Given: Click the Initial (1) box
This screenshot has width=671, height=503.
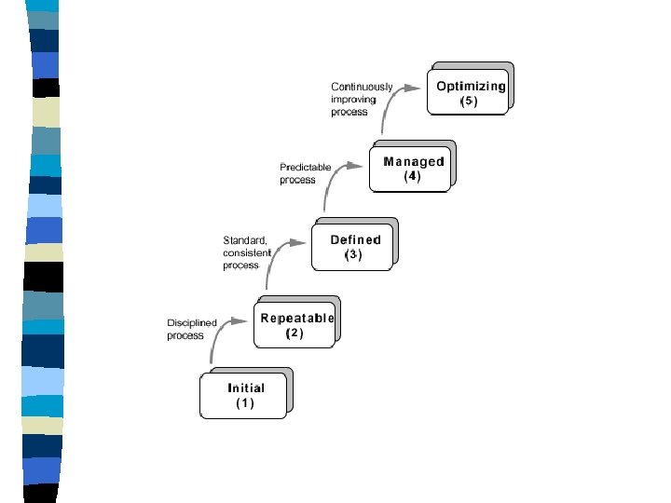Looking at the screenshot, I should click(244, 396).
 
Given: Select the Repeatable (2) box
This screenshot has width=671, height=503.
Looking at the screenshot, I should click(294, 325).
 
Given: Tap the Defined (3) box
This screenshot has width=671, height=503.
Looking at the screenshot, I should click(352, 247).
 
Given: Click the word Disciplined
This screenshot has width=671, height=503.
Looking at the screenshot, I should click(192, 323).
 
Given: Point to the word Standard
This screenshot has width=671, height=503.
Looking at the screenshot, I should click(244, 239).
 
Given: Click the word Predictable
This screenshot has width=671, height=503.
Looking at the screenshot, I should click(306, 168).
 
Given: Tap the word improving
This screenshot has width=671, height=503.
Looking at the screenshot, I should click(353, 100).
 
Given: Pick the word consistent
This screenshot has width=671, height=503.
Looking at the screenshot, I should click(246, 252).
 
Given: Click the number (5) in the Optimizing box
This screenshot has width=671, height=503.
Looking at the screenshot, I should click(469, 102).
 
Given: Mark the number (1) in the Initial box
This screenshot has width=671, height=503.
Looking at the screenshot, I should click(244, 404).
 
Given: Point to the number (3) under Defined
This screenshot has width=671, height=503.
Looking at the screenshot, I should click(352, 254).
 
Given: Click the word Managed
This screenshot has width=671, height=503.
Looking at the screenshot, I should click(414, 161).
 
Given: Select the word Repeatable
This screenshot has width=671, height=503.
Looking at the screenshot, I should click(296, 318).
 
